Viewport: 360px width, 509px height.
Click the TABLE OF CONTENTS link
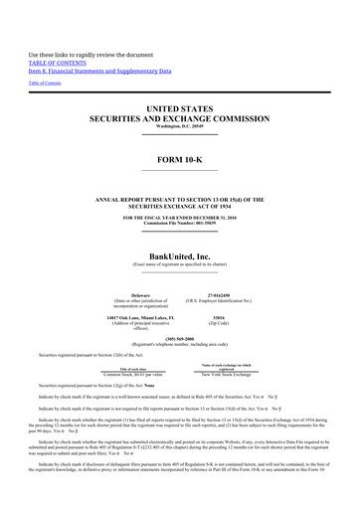pos(57,62)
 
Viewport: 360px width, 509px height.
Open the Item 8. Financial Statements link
pos(99,72)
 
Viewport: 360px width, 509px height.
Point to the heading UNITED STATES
pos(180,107)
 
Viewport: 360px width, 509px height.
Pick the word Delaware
pos(132,295)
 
